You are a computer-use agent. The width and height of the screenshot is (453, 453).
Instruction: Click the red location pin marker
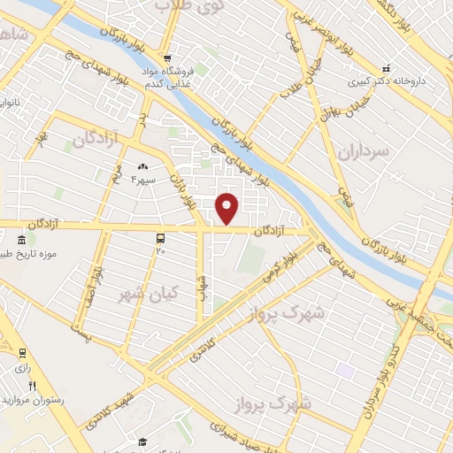point(227,207)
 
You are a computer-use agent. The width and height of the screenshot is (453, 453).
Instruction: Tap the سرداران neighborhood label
point(363,152)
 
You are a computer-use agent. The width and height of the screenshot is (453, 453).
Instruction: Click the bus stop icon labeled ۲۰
point(160,238)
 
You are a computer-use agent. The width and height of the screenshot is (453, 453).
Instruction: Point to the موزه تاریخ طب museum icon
point(22,240)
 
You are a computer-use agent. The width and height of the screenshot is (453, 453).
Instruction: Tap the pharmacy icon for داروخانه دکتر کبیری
point(385,67)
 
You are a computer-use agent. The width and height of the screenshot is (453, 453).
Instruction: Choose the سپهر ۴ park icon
point(142,165)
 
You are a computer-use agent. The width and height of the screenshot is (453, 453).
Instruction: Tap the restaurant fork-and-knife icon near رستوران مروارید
point(33,385)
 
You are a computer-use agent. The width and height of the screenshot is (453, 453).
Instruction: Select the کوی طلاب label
point(188,5)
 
